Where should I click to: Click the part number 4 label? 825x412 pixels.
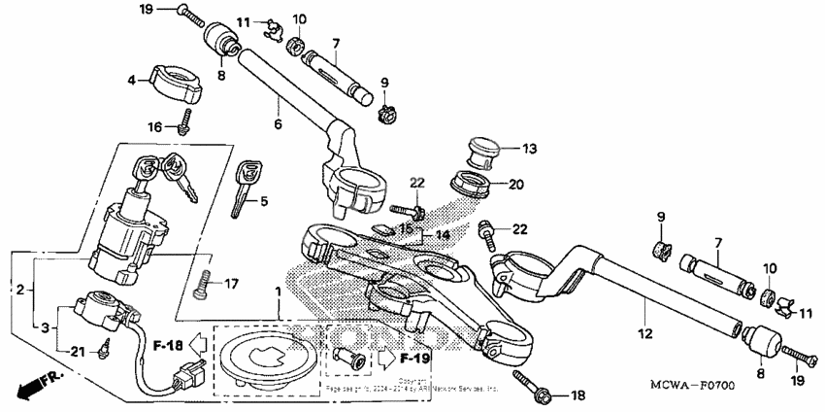click(133, 81)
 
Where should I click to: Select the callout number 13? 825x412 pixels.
click(529, 149)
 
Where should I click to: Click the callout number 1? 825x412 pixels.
click(279, 291)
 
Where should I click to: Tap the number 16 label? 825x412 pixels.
click(155, 126)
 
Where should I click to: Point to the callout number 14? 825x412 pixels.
click(442, 234)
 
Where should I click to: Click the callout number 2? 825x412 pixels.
click(19, 290)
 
